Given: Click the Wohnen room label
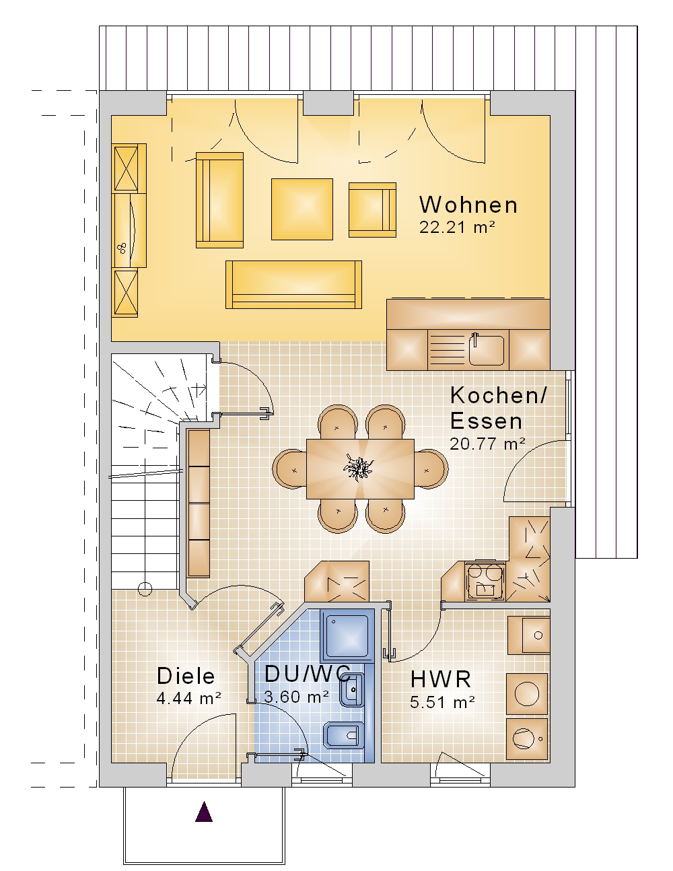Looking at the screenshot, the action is pos(468,205).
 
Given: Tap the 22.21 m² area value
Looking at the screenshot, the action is pos(457,228).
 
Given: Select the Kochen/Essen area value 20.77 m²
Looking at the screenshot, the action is pos(487,444).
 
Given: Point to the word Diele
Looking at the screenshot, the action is pos(186,676).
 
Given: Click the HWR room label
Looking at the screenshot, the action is pos(441,679).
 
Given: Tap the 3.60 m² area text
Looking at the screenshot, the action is pos(296,697).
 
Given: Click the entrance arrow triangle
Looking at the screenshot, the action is pos(204,811).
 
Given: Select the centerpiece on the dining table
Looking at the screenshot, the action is pos(358,468).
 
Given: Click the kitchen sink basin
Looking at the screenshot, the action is pos(487,350).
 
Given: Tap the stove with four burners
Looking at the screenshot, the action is pos(485,581).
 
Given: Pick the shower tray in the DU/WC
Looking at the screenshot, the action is pos(347,635).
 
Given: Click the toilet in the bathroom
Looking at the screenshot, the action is pos(343,736).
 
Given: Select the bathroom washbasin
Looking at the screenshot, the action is pos(352,689).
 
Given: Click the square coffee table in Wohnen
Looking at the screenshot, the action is pos(302,209).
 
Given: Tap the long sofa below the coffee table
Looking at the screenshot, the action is pos(293,285).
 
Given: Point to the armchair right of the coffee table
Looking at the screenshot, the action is pos(373,210).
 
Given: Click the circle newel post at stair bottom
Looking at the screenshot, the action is pos(145,589).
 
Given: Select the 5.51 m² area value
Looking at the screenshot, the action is pos(442,702).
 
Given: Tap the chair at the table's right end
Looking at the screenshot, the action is pos(431,468).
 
